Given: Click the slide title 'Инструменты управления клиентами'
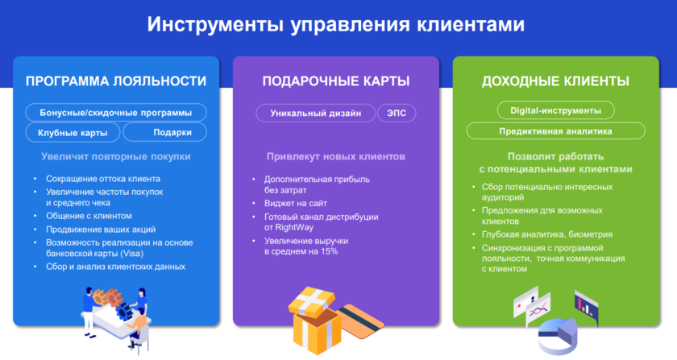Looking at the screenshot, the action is (x=336, y=24).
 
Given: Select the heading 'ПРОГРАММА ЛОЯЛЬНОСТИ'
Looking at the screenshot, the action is (x=116, y=81).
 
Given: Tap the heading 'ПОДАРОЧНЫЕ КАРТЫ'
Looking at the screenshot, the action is (x=336, y=81).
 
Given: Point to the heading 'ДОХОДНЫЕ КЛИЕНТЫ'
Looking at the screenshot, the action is (x=555, y=81).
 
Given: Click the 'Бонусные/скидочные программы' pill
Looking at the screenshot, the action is (x=116, y=113).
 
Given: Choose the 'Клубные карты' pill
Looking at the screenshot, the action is (x=73, y=133).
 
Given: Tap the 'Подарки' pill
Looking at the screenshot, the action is (x=165, y=133).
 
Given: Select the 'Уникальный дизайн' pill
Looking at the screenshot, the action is (x=316, y=113).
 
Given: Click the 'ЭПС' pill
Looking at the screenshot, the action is (x=397, y=113).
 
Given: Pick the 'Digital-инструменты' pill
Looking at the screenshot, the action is (x=555, y=110).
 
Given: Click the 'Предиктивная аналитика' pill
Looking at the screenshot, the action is (x=555, y=130).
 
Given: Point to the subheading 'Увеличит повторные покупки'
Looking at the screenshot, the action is (x=116, y=157).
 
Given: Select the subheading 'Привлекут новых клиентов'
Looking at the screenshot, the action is (x=336, y=157).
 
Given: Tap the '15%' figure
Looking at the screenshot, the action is (x=329, y=251).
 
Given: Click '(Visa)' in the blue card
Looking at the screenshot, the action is (x=131, y=254).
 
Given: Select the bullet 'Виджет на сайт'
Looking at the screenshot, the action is (x=295, y=203).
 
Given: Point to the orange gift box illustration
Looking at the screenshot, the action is (x=315, y=321).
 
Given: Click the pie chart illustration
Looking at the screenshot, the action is (x=558, y=336).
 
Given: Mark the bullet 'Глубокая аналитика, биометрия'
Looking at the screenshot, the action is (x=547, y=234).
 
